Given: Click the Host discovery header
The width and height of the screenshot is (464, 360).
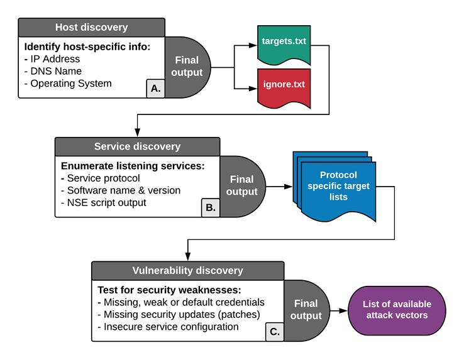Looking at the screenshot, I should pyautogui.click(x=91, y=27).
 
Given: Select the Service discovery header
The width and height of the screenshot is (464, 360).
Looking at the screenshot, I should pyautogui.click(x=137, y=146).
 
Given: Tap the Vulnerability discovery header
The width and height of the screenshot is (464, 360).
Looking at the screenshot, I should pyautogui.click(x=187, y=271).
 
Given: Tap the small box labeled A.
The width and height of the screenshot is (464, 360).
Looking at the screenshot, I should pyautogui.click(x=155, y=89).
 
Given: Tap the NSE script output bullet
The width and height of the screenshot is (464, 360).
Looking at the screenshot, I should pyautogui.click(x=106, y=202).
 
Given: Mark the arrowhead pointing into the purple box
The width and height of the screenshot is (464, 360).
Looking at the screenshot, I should pyautogui.click(x=345, y=310).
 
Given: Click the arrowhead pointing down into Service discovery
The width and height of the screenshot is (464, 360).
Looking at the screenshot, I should pyautogui.click(x=136, y=133).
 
